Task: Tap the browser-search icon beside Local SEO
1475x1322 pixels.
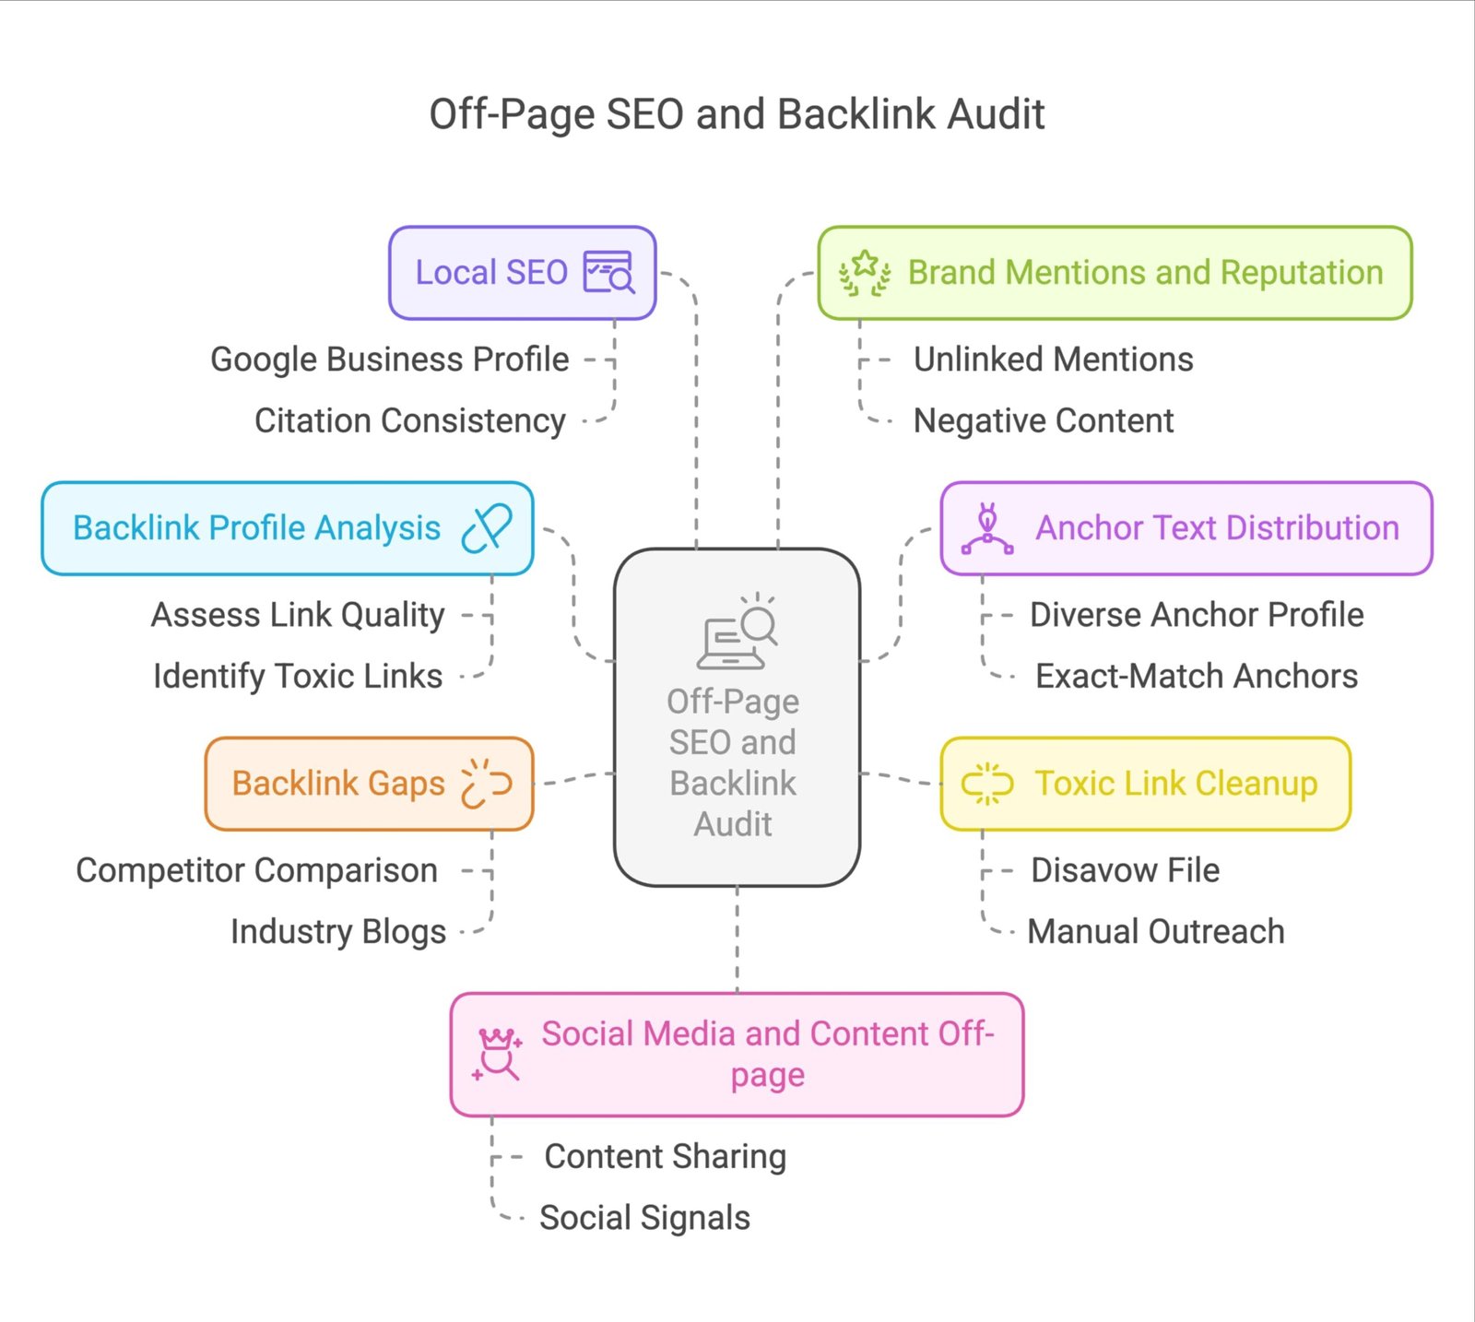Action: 608,273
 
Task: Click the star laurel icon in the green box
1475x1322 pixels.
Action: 864,273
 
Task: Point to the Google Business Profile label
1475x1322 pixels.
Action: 389,360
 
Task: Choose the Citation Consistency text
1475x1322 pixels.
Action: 409,421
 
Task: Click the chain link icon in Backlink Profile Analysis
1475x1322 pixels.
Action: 487,528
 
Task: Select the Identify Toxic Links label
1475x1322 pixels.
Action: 298,677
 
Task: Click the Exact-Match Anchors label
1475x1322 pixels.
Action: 1196,677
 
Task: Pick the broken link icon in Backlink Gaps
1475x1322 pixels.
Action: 486,784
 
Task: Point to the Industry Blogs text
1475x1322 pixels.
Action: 337,932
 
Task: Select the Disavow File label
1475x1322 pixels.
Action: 1125,870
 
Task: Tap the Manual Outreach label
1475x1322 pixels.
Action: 1155,932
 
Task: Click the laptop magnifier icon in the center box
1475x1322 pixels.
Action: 737,632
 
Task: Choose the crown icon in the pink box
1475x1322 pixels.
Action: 498,1054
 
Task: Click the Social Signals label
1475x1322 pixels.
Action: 644,1218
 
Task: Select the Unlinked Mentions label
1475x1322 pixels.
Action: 1053,360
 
